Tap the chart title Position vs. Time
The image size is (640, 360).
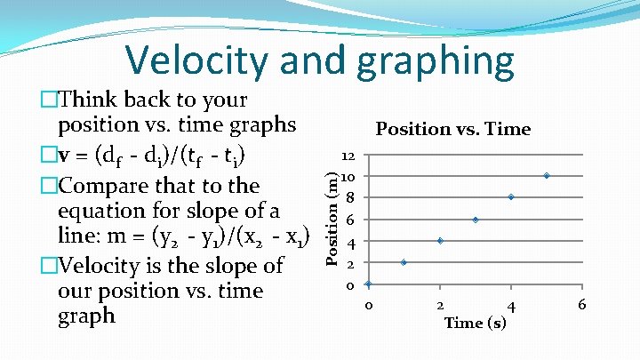pos(452,129)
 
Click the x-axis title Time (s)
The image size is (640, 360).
pos(476,323)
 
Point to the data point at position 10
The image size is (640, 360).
pos(547,176)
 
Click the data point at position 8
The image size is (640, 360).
pos(511,196)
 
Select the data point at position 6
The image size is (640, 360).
pos(476,219)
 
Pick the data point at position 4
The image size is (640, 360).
pos(440,241)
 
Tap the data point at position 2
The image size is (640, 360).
pos(404,262)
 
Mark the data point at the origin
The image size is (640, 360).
pos(368,284)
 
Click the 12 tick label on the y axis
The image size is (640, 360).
pos(348,155)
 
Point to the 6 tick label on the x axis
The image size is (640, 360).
pos(581,305)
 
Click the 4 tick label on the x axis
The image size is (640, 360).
pos(510,306)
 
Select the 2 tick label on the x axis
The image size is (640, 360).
pos(439,305)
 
